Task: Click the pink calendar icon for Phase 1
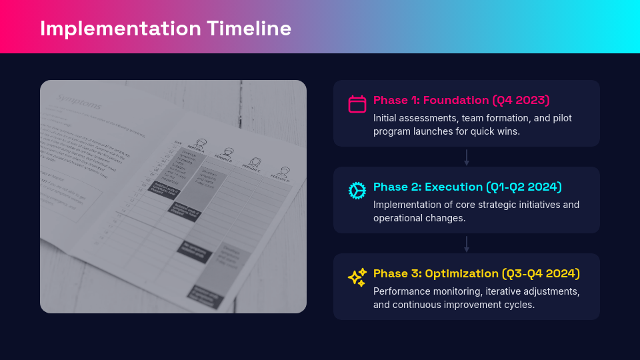(x=357, y=104)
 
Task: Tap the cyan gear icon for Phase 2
(x=357, y=191)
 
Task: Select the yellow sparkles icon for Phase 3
(x=357, y=277)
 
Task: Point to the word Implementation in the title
(x=120, y=29)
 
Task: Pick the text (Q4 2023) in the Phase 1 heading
(x=521, y=100)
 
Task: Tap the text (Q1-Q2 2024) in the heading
(x=524, y=187)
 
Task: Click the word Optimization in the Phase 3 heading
(x=461, y=273)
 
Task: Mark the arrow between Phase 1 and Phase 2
(x=467, y=157)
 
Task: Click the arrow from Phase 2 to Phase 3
(x=467, y=244)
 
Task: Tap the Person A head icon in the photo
(x=201, y=143)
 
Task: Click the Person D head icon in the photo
(x=285, y=171)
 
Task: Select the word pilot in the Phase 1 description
(x=561, y=118)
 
